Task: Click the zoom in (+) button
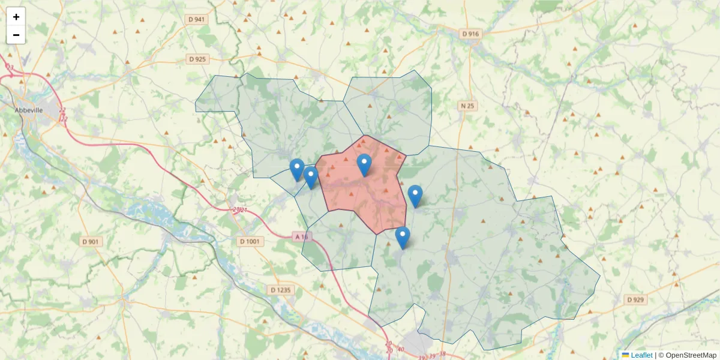click(16, 17)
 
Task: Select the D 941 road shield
click(197, 20)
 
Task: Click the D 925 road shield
click(197, 59)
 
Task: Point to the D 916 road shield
click(471, 34)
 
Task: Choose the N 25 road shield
click(467, 106)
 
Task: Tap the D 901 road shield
click(91, 241)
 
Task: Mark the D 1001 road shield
click(250, 241)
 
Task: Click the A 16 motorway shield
click(301, 237)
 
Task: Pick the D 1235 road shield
click(280, 290)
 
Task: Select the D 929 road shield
click(636, 299)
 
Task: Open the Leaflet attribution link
click(641, 355)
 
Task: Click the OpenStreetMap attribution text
click(687, 355)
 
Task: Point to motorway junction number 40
click(401, 349)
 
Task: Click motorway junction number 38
click(443, 354)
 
